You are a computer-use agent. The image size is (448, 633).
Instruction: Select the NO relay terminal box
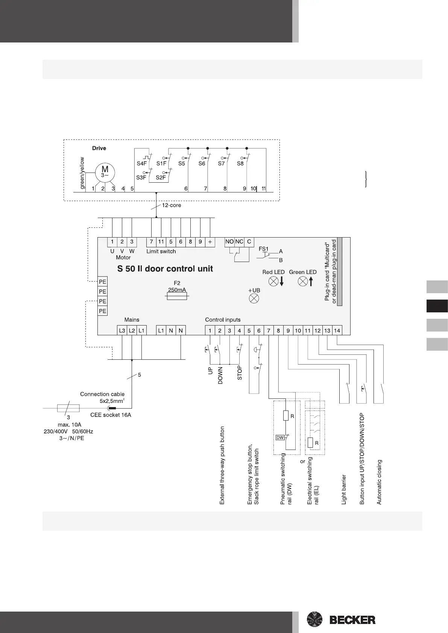point(229,242)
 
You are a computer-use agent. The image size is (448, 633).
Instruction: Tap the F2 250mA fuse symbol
point(177,297)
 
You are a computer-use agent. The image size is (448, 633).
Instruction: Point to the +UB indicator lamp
point(254,299)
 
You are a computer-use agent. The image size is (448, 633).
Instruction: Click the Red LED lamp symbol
point(274,281)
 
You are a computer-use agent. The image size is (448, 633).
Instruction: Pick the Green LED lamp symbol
point(302,281)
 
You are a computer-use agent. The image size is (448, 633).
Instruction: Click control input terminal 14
point(337,331)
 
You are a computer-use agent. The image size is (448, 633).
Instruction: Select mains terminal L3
point(122,331)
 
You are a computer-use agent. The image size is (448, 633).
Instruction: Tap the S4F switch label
point(141,164)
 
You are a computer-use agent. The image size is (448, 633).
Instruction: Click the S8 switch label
point(240,164)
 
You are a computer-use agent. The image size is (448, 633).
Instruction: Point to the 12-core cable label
point(172,206)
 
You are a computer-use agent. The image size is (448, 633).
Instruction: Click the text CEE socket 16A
point(111,415)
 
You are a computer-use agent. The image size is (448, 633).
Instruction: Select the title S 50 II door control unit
point(165,269)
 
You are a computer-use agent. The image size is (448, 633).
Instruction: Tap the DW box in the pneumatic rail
point(280,438)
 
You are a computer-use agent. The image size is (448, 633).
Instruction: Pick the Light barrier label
point(344,489)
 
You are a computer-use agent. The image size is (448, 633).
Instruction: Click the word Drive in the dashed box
point(99,148)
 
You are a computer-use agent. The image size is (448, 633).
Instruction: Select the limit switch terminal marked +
point(210,242)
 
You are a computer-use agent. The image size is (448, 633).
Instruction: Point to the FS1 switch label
point(264,249)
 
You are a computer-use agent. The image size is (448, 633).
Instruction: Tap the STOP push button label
point(240,373)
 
